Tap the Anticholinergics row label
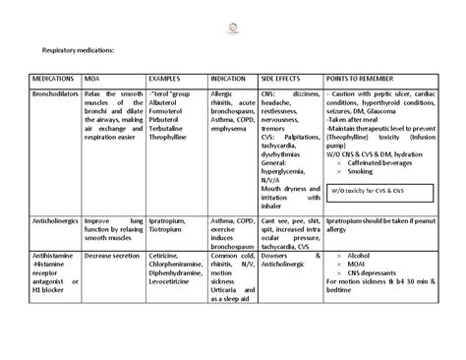point(56,222)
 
